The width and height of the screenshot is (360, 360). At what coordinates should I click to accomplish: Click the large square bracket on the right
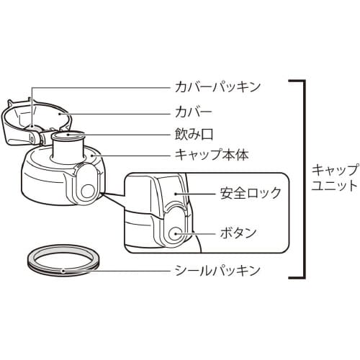(x=302, y=180)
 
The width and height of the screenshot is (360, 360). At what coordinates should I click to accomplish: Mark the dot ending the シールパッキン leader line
(x=66, y=271)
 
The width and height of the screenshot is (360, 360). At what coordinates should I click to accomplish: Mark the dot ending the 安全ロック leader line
(x=176, y=194)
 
